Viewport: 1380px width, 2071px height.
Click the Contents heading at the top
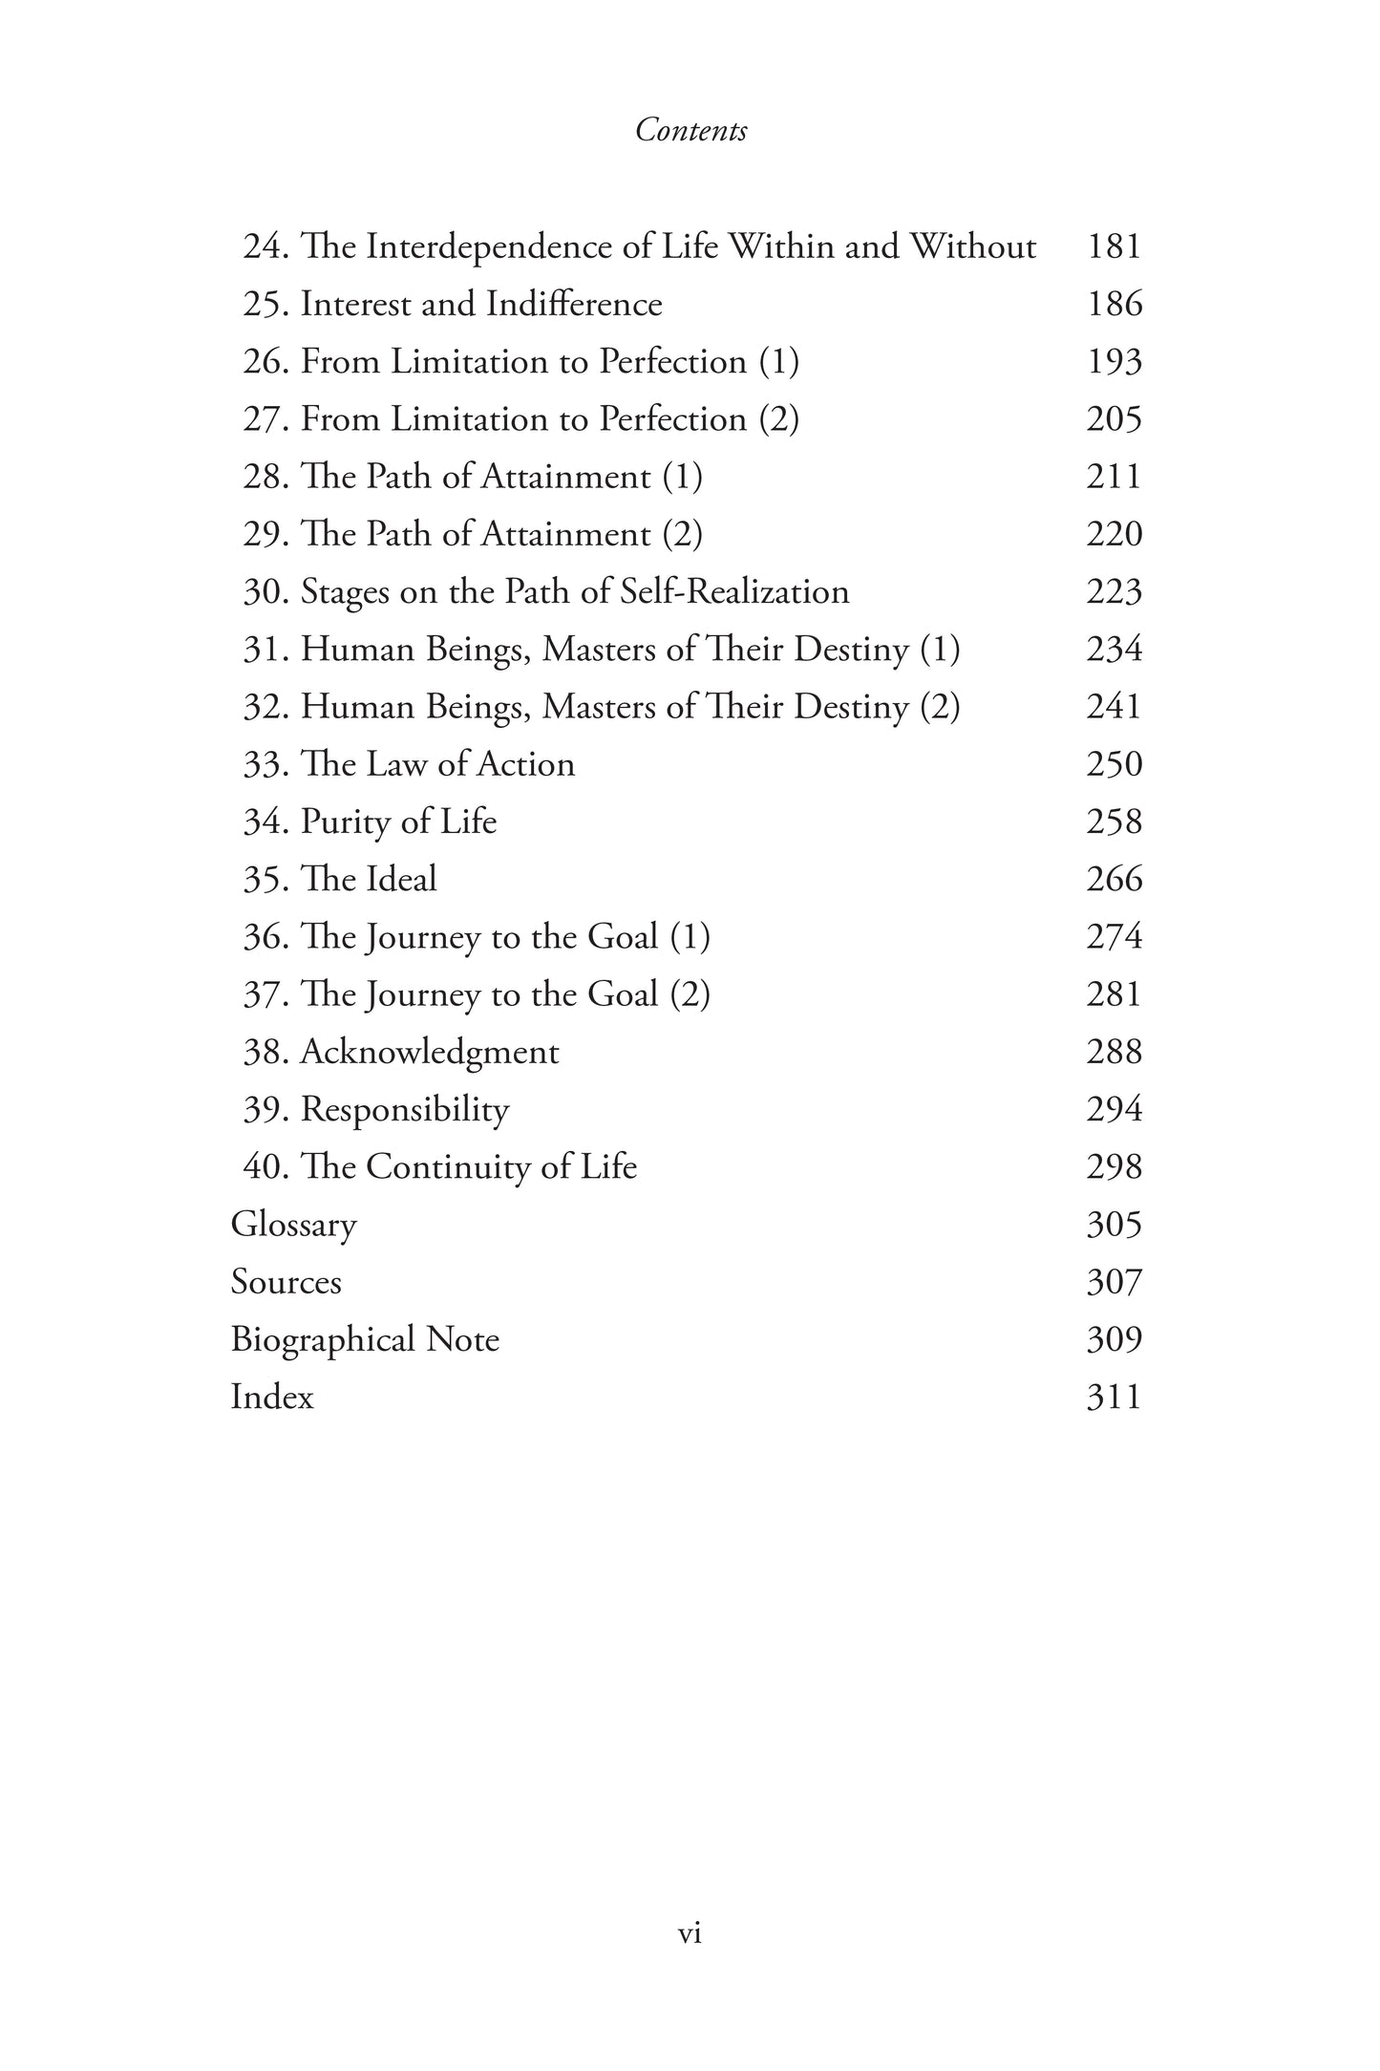(x=690, y=130)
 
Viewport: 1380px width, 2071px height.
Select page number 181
(x=1114, y=246)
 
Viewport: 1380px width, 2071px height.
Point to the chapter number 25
(x=263, y=304)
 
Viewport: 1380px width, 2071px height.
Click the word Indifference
(x=574, y=304)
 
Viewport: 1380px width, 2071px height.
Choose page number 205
(x=1114, y=418)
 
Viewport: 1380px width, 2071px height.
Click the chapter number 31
(x=263, y=650)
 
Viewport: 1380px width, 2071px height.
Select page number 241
(x=1114, y=707)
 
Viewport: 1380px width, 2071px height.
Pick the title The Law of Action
(x=437, y=764)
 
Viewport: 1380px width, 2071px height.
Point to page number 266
(x=1114, y=879)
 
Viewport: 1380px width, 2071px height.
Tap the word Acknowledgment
(x=430, y=1052)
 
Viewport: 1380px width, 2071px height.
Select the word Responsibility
(x=405, y=1110)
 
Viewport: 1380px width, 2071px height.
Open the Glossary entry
(x=294, y=1225)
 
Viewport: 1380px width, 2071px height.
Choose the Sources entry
(x=286, y=1282)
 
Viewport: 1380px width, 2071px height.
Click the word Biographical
(x=323, y=1339)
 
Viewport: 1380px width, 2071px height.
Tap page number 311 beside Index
(x=1114, y=1397)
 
